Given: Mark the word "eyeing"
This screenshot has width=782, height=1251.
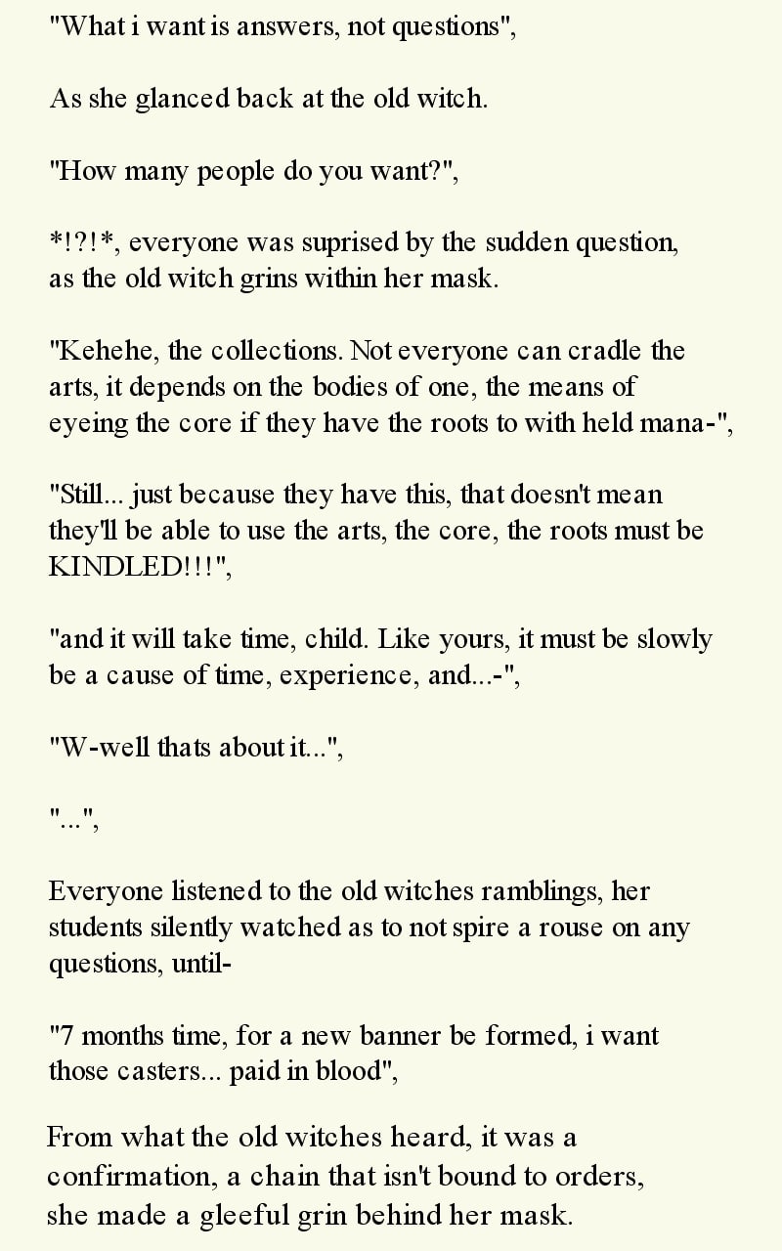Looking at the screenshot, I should coord(84,423).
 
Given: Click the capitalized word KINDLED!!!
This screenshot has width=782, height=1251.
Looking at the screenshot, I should coord(137,568).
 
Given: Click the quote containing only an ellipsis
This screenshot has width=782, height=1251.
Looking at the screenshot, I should coord(74,819).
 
